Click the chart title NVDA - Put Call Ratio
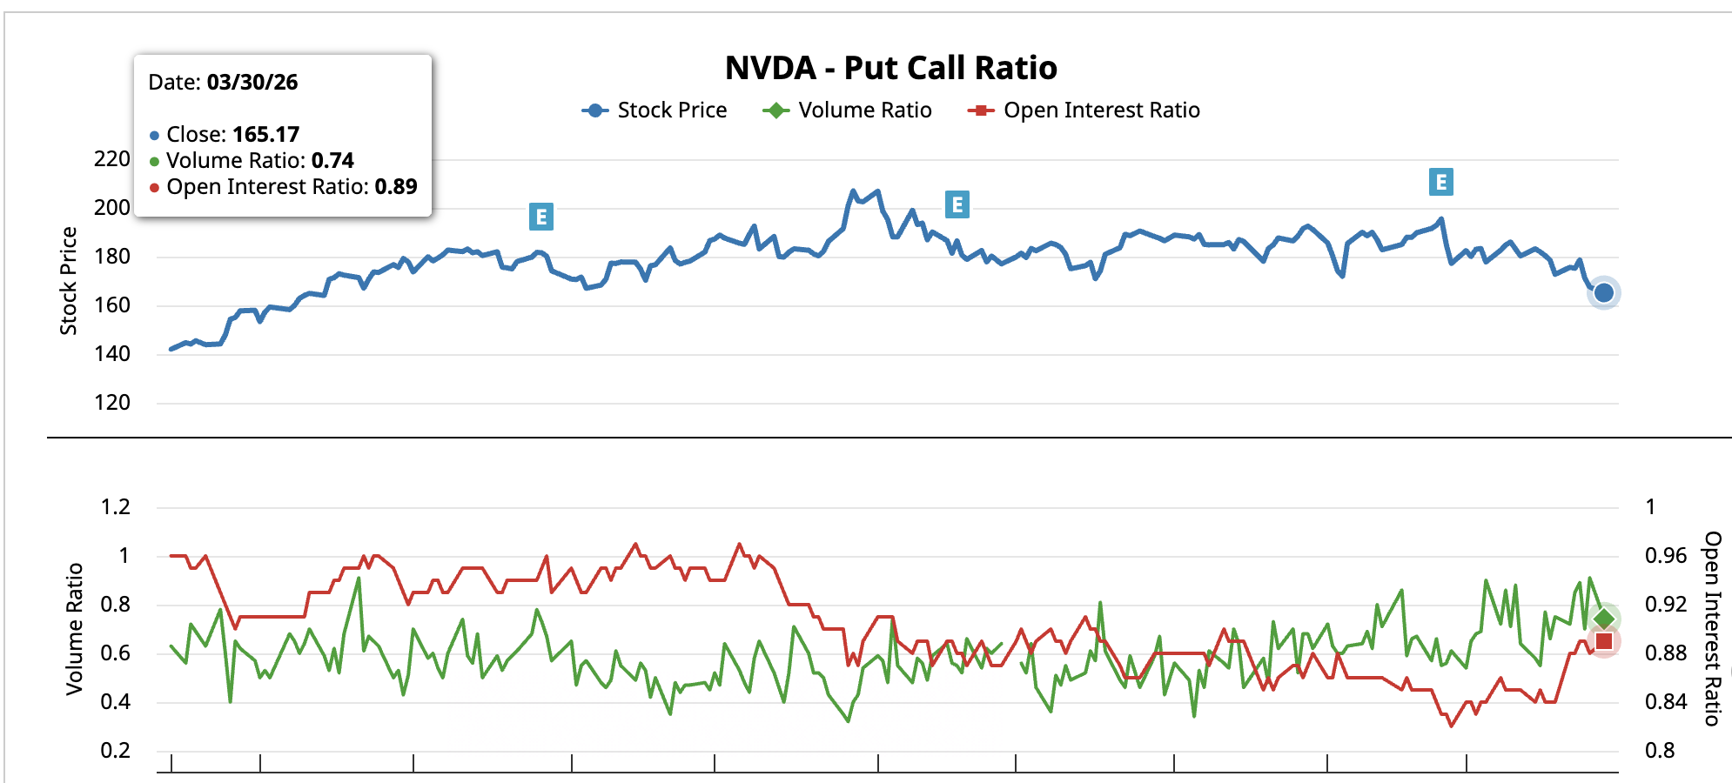click(x=890, y=68)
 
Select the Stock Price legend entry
click(x=655, y=110)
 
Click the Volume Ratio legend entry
click(x=847, y=110)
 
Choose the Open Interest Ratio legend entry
click(x=1084, y=110)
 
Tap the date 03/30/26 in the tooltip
click(x=252, y=83)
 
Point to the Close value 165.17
click(x=265, y=135)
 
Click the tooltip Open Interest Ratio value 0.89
click(x=396, y=187)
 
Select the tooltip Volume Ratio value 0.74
click(x=332, y=161)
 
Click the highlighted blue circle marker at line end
click(x=1603, y=293)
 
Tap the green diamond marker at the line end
click(x=1603, y=619)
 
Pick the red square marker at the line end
click(x=1603, y=642)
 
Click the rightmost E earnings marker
click(x=1440, y=182)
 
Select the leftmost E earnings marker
click(x=540, y=217)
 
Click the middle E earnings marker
click(x=957, y=204)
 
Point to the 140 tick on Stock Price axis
click(x=112, y=354)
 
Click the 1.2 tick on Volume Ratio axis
click(x=115, y=507)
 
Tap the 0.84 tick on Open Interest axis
click(x=1665, y=701)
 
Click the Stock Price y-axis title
click(x=69, y=280)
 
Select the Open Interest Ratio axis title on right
click(x=1712, y=628)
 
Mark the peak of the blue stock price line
click(x=853, y=191)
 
